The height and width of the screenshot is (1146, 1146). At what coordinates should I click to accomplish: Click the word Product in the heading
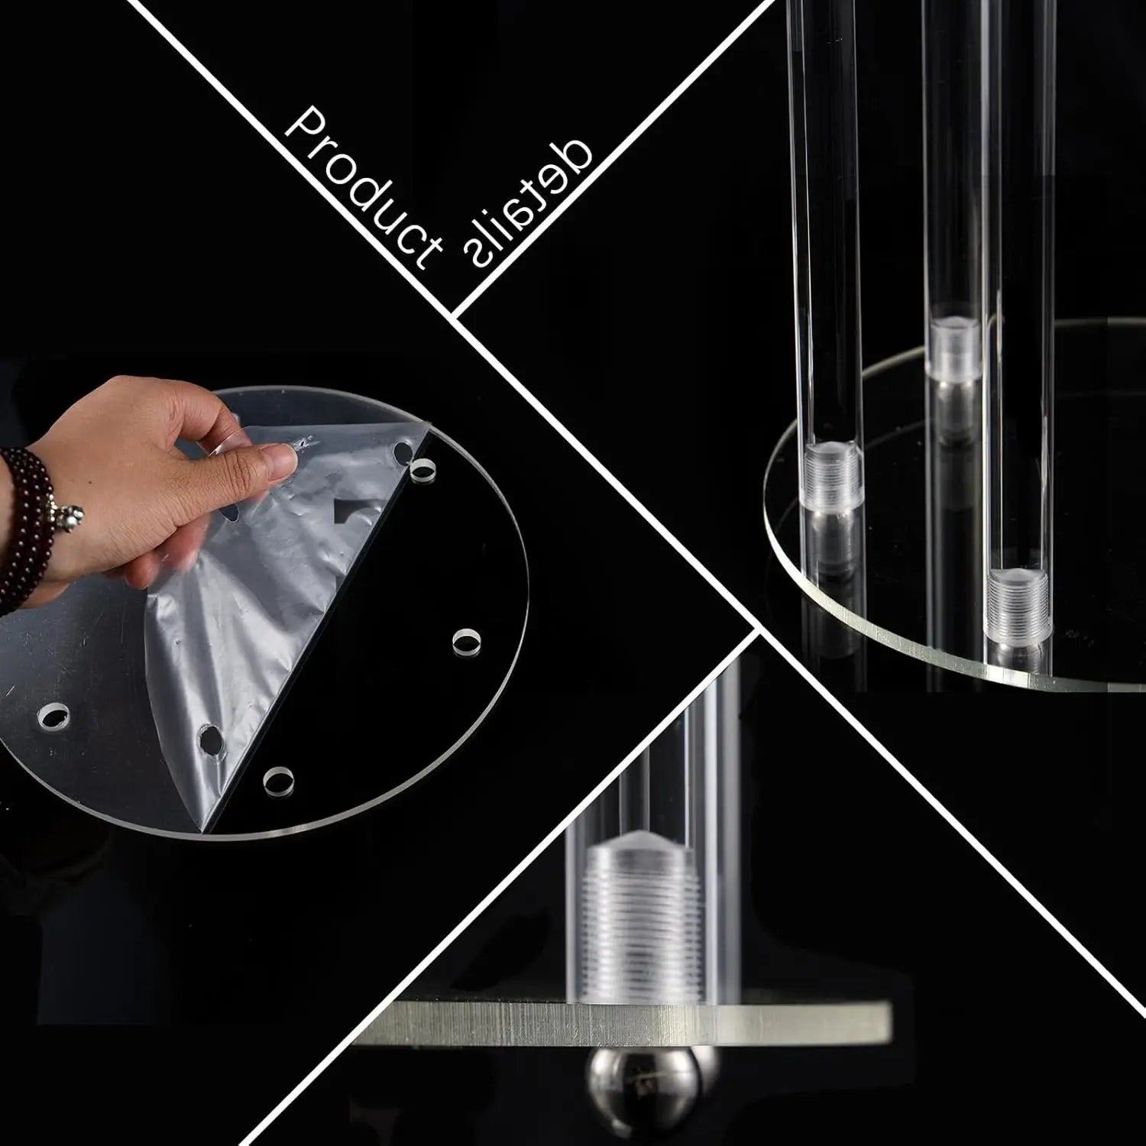coord(363,187)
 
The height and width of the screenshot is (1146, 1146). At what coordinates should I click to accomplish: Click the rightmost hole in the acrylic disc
coord(466,639)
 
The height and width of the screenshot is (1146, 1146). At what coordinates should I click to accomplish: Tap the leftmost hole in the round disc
coord(53,716)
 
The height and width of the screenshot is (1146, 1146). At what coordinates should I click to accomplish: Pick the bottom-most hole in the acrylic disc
coord(279,781)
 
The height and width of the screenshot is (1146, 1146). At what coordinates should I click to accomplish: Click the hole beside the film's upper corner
coord(421,468)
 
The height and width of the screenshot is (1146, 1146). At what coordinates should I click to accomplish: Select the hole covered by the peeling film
coord(209,740)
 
